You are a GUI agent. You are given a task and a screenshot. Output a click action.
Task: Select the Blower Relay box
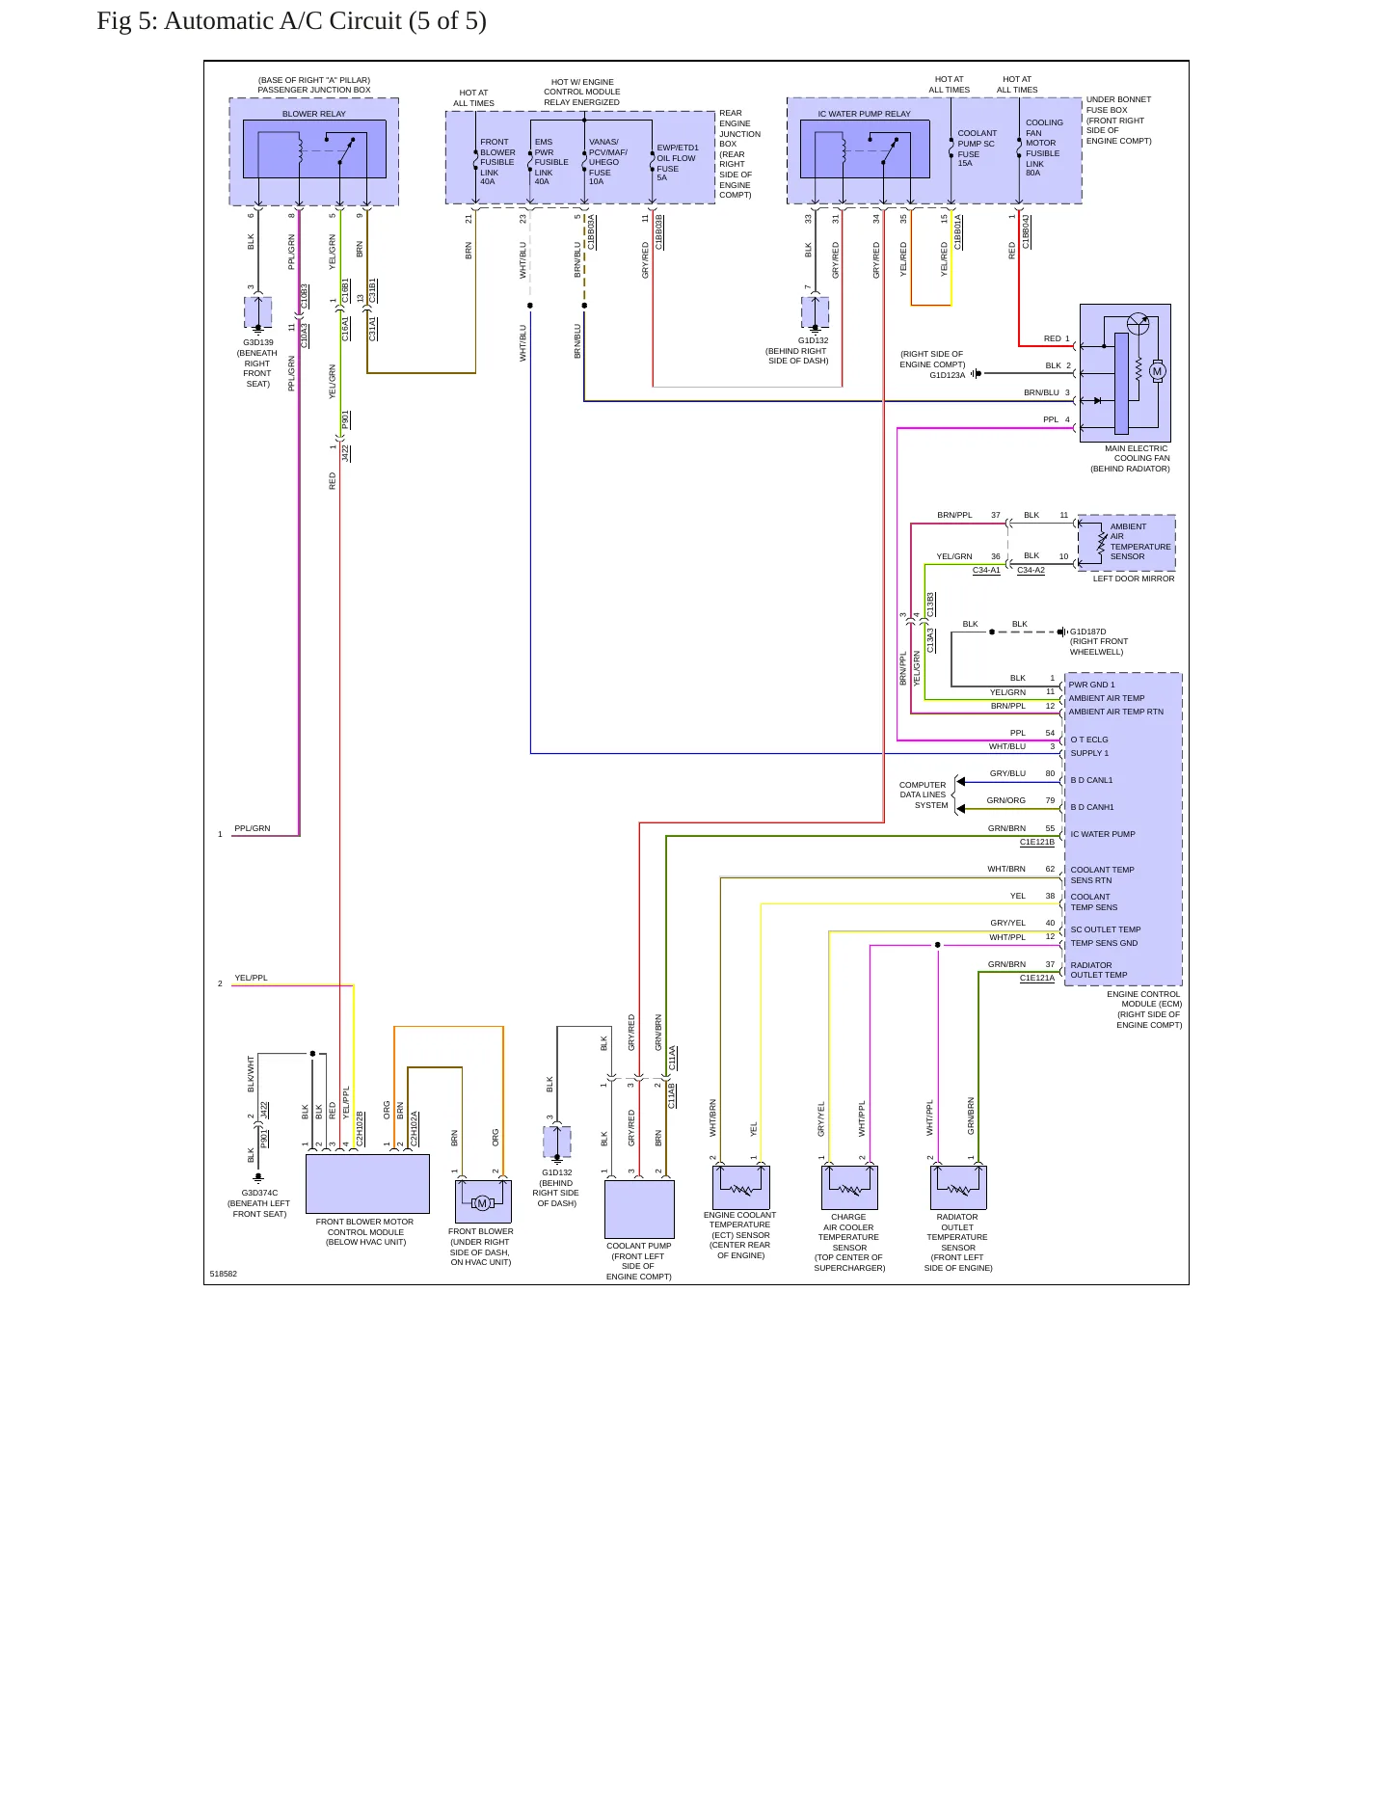coord(314,148)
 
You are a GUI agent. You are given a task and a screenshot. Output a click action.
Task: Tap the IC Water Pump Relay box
coord(865,148)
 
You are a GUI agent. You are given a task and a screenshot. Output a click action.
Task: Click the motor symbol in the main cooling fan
coord(1158,371)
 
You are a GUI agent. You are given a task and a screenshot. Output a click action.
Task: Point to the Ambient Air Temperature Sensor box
coord(1126,542)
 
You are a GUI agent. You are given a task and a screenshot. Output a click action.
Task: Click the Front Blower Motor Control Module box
coord(367,1183)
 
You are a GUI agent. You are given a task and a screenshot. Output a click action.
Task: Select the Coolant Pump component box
coord(639,1209)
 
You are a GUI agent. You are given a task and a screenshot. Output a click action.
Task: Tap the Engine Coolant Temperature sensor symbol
coord(740,1187)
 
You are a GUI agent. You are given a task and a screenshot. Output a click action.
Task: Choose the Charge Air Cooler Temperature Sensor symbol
coord(849,1187)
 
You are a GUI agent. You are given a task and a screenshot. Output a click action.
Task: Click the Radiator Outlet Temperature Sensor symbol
coord(958,1187)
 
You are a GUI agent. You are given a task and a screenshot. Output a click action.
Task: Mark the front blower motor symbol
coord(483,1201)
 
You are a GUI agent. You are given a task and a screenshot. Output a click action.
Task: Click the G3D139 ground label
coord(258,342)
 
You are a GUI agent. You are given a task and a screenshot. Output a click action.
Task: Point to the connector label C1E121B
coord(1037,842)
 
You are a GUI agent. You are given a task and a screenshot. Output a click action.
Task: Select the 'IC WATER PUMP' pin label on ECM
coord(1103,834)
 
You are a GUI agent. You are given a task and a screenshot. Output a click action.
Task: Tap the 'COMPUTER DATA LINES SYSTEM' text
coord(924,794)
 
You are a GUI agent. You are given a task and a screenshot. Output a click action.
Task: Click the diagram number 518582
coord(224,1274)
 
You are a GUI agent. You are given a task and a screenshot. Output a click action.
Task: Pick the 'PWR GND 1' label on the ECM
coord(1091,685)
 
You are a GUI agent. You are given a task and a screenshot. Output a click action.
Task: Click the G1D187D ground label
coord(1088,632)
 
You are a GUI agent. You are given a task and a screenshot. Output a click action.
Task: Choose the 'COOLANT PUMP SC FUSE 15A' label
coord(977,148)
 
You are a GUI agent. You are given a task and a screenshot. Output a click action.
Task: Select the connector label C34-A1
coord(986,570)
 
